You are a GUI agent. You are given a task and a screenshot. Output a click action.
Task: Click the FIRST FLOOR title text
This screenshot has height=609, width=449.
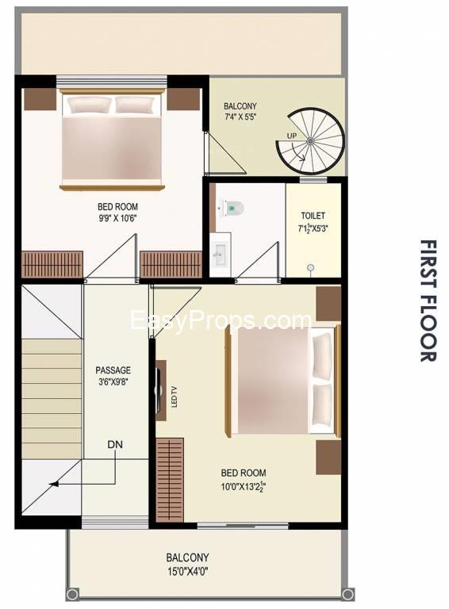tap(429, 301)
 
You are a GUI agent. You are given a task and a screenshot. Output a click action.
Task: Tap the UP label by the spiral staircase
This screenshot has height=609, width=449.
tap(292, 136)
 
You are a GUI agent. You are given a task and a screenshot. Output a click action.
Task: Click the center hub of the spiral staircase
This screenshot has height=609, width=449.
tap(310, 141)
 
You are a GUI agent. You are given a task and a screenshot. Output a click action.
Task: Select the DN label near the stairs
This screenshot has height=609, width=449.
tap(115, 444)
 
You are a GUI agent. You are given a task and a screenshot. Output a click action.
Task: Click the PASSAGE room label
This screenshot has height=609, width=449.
tap(113, 370)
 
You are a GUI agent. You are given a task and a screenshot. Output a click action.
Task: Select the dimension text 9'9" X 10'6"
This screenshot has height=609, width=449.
tap(117, 218)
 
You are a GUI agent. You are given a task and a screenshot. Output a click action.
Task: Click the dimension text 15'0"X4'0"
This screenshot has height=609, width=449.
tap(187, 571)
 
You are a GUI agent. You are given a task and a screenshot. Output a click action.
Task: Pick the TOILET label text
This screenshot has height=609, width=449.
tap(313, 216)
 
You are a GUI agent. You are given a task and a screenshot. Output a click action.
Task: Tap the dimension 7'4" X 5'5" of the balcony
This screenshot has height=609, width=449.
tap(240, 117)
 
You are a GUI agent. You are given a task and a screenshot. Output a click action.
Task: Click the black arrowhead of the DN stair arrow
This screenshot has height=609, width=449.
tap(54, 484)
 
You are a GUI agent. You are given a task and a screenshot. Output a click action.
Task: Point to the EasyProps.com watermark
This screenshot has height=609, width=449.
tap(221, 320)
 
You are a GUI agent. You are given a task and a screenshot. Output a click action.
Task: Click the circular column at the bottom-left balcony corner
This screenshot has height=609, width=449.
tap(72, 594)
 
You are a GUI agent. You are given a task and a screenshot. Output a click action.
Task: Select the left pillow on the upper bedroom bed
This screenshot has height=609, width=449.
tap(89, 105)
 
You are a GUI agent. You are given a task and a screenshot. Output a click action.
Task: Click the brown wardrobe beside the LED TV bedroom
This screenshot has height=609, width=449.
tap(170, 481)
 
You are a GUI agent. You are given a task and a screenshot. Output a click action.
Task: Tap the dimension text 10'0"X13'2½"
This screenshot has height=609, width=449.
tap(244, 487)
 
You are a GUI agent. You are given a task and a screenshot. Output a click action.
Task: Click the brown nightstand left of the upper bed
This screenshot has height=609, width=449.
tap(40, 99)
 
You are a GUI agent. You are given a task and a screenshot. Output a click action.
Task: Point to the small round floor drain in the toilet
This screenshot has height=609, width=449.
tap(310, 267)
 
